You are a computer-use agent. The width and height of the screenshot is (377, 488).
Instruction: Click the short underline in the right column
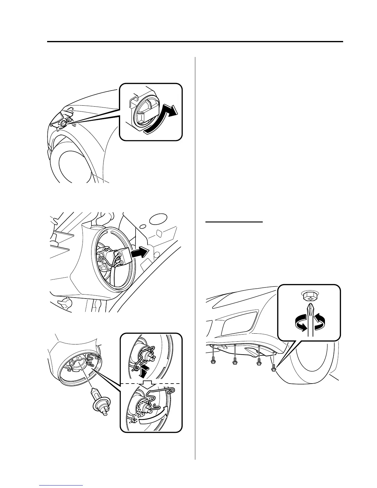coord(234,221)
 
